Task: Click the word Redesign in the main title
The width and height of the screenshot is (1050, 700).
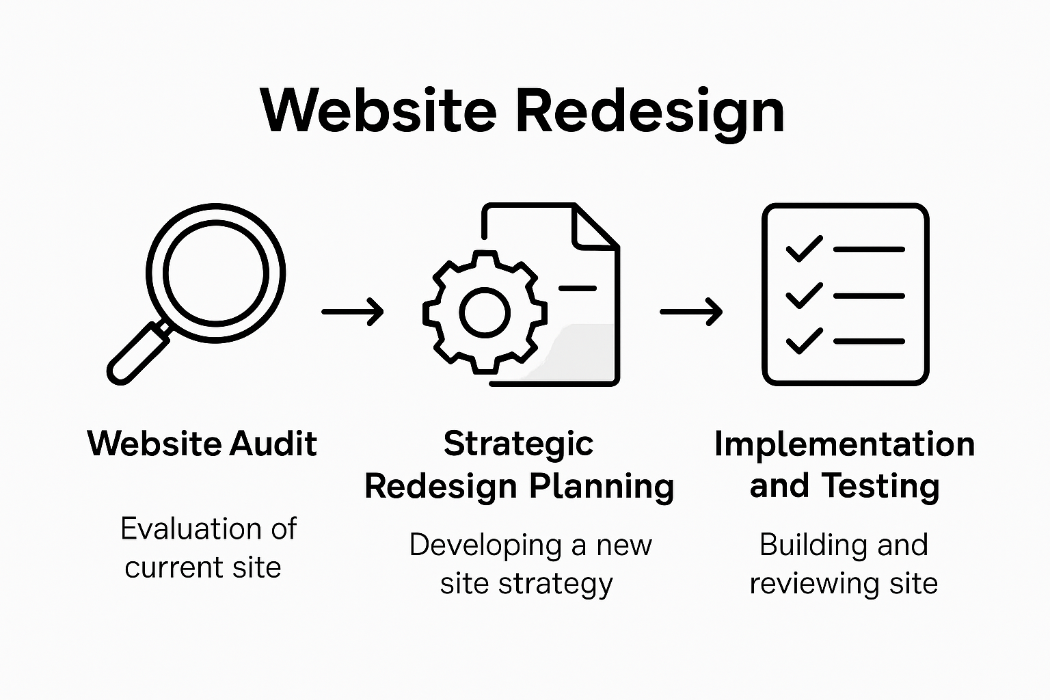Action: (x=649, y=111)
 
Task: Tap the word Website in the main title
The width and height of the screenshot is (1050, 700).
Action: (x=378, y=111)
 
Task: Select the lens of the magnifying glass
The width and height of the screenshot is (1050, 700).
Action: (x=215, y=273)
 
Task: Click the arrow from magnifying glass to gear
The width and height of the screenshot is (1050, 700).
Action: (x=352, y=312)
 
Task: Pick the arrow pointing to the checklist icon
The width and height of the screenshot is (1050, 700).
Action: (x=690, y=312)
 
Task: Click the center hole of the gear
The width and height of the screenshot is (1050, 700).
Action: (x=485, y=312)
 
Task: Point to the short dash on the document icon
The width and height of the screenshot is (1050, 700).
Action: (x=578, y=288)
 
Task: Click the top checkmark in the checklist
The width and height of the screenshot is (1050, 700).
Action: (x=804, y=249)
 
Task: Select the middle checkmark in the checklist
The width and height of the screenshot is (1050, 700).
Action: (x=804, y=295)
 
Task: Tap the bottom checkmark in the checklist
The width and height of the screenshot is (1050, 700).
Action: (x=804, y=340)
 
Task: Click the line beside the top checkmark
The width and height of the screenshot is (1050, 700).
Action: (x=869, y=250)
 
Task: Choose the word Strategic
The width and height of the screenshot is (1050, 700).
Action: (x=518, y=444)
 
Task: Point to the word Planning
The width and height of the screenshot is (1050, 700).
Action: (x=602, y=487)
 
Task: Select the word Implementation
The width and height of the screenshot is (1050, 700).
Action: (x=844, y=445)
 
